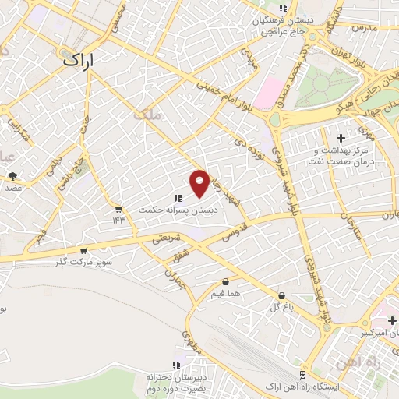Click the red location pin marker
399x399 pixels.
pos(200,182)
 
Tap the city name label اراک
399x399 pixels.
pos(79,59)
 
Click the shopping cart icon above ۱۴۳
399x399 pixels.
pos(118,209)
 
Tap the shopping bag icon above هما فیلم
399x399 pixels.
pos(226,281)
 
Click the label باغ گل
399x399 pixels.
pos(281,308)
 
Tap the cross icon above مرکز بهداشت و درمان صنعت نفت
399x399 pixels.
pos(341,138)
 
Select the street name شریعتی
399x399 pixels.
pos(165,239)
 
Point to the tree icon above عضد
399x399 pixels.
pos(13,176)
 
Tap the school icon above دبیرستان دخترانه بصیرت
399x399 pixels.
pos(178,364)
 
